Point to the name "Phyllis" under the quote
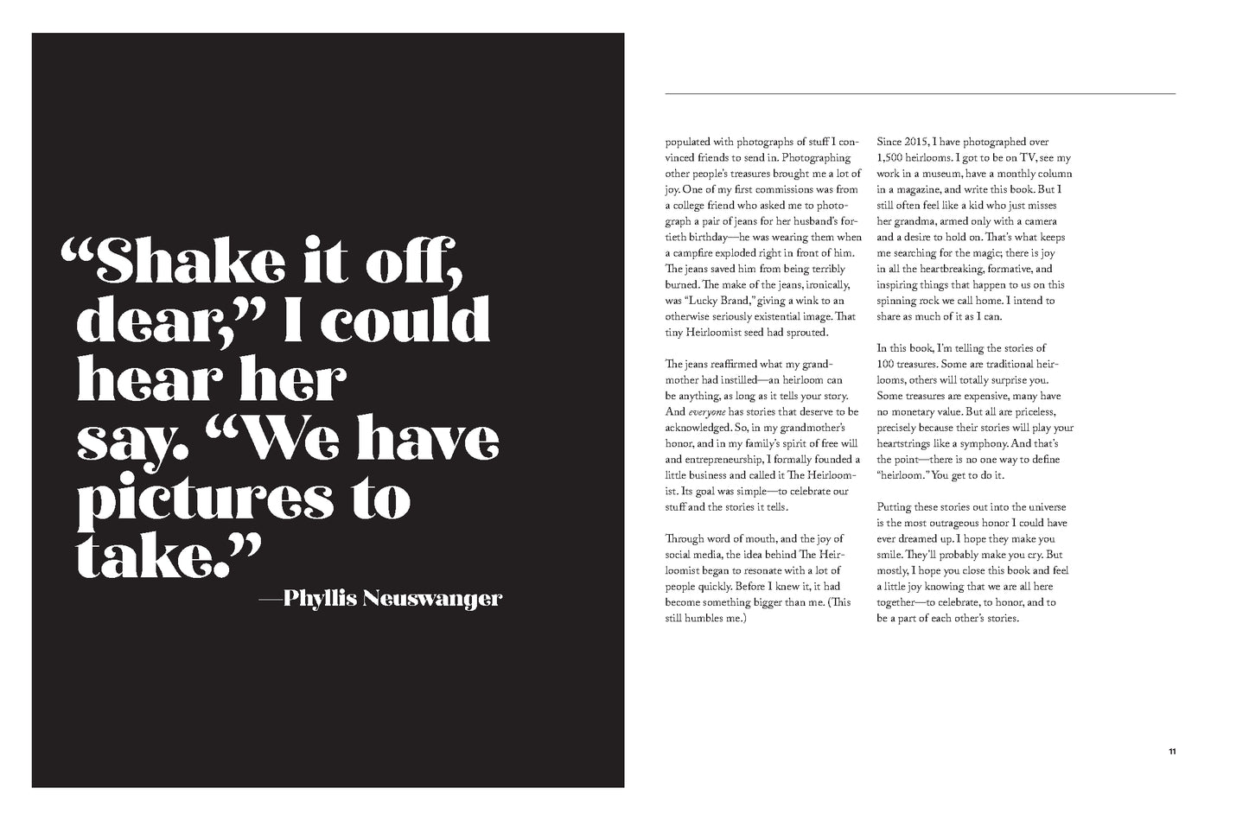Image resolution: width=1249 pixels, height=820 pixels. click(320, 598)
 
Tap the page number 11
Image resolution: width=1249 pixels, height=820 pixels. click(1171, 751)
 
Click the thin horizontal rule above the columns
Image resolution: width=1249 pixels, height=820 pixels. click(920, 93)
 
